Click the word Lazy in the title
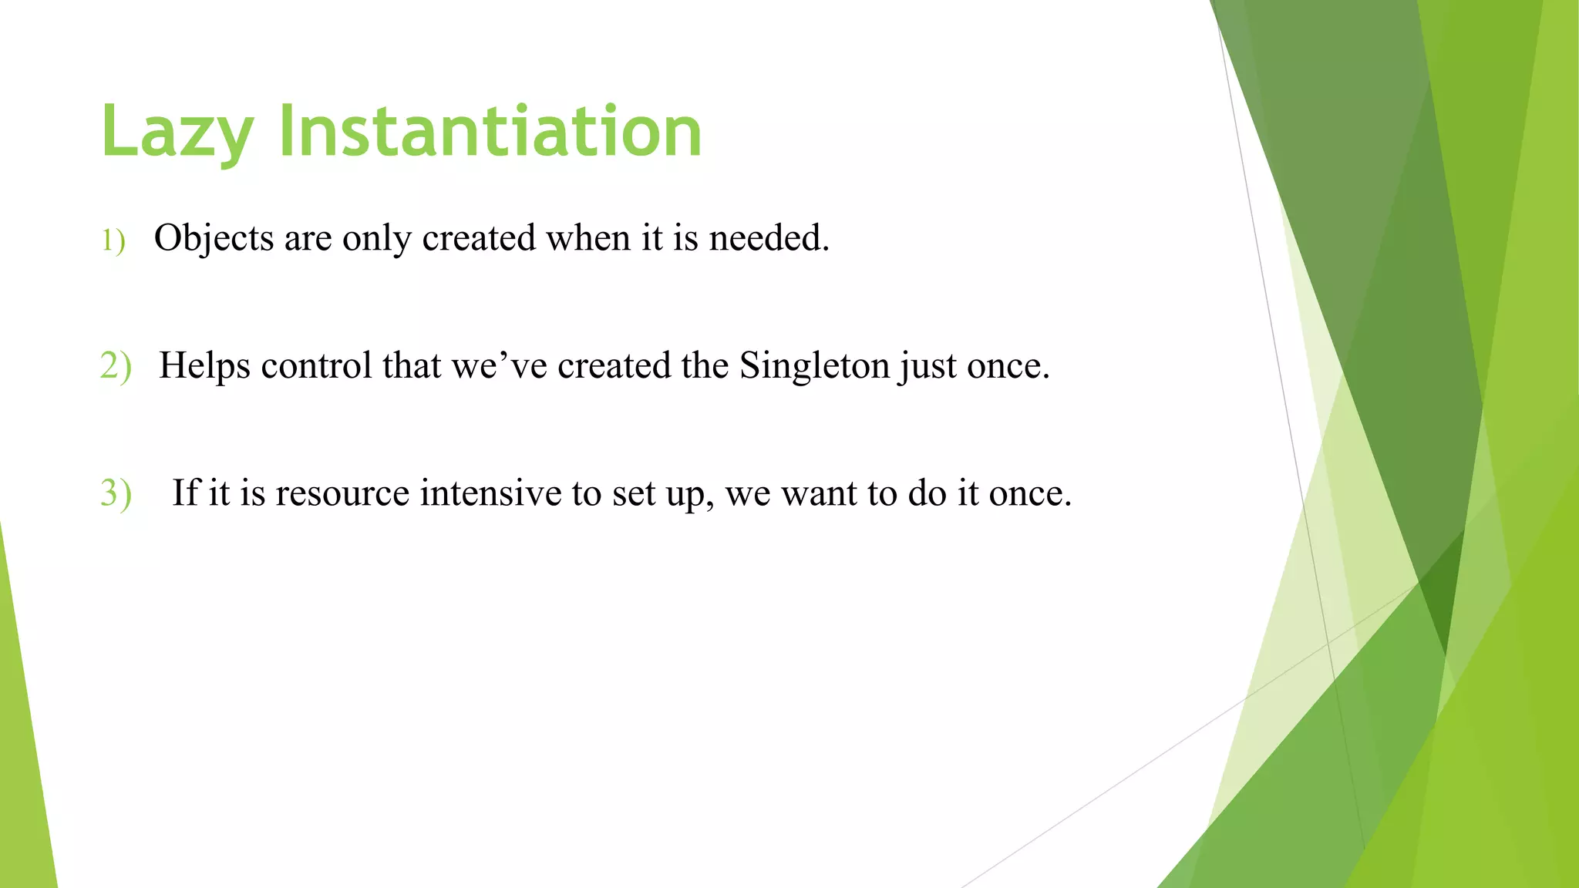pos(177,133)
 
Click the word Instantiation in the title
pos(490,133)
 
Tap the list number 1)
pos(113,240)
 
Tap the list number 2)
pos(116,365)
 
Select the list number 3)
pos(116,493)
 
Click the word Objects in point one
pos(214,238)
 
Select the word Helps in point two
pos(204,366)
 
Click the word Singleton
pos(814,366)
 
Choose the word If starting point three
pos(185,493)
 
